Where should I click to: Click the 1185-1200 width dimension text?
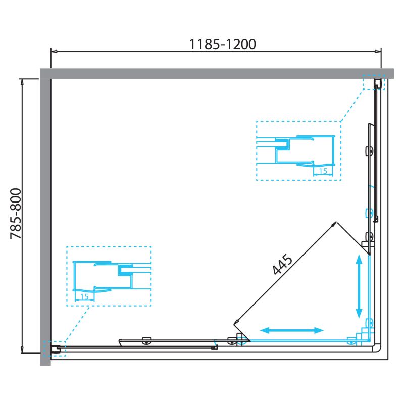point(223,44)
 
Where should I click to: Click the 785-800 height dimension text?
point(16,214)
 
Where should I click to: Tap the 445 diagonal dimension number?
point(282,265)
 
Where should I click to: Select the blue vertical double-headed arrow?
point(359,286)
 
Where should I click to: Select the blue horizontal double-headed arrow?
point(292,330)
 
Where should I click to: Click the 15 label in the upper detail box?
point(323,171)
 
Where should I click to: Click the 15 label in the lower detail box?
point(84,297)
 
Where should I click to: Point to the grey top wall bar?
point(217,73)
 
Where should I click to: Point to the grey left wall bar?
point(45,222)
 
